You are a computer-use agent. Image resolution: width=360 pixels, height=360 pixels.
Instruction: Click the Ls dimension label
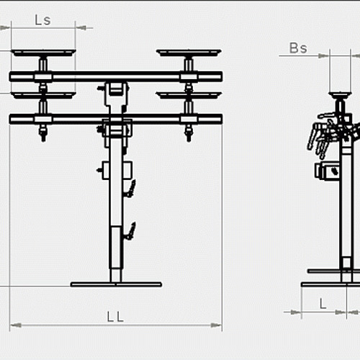tap(42, 20)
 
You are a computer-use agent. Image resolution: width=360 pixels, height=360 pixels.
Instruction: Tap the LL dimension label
tap(115, 317)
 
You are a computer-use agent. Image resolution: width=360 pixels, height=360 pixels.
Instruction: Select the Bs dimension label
tap(298, 48)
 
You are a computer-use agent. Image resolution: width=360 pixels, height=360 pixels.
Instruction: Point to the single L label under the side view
tap(323, 304)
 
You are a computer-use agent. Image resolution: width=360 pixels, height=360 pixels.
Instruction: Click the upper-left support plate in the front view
tap(43, 53)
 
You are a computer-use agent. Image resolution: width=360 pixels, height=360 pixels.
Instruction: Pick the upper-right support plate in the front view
tap(189, 53)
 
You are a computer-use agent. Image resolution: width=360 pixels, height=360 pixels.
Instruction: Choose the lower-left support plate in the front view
tap(43, 95)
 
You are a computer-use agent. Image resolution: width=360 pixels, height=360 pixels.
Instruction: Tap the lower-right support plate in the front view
tap(189, 95)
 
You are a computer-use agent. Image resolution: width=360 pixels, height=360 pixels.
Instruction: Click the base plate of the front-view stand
tap(116, 284)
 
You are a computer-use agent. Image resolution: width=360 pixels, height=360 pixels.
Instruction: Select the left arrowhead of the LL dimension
tap(15, 325)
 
